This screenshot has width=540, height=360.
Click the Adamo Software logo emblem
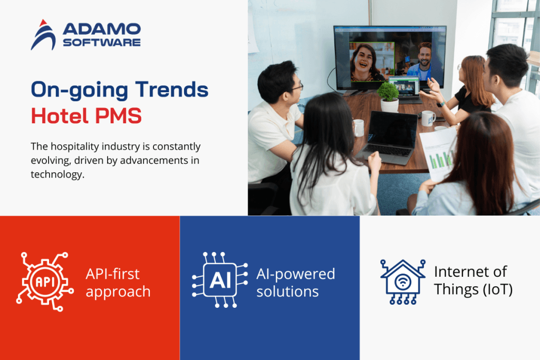(43, 35)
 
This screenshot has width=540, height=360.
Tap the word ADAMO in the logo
(102, 30)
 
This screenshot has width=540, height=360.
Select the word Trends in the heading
(171, 90)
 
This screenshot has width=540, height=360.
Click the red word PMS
(118, 115)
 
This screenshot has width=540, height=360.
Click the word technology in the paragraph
(57, 174)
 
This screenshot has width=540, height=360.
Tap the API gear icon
(44, 281)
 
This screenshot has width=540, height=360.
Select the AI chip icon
(220, 279)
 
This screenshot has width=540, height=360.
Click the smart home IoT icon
(402, 282)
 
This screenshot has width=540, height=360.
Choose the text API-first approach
(118, 283)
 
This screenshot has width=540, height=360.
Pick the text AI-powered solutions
(295, 283)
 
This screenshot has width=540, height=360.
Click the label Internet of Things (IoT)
(473, 280)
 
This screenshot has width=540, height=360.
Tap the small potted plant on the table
(389, 96)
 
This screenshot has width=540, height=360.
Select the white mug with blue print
(428, 119)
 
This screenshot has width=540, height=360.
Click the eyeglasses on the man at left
(296, 86)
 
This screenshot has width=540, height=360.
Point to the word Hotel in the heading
(60, 115)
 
